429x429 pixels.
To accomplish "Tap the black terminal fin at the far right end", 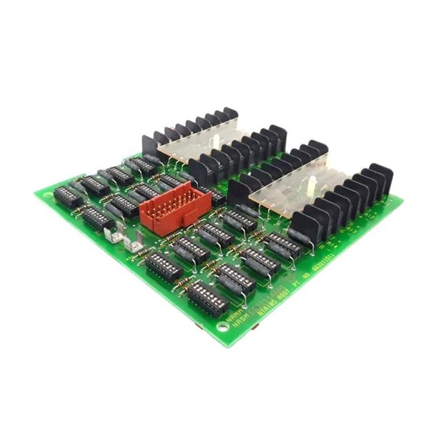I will coord(380,179).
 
